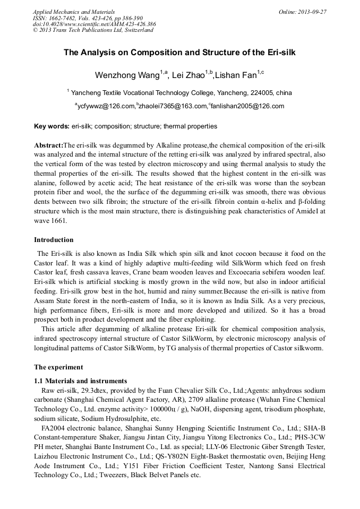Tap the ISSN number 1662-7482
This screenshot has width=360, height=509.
click(x=65, y=18)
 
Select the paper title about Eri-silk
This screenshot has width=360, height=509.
click(x=179, y=53)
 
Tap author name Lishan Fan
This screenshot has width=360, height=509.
click(x=236, y=75)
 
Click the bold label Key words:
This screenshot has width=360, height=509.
click(x=52, y=126)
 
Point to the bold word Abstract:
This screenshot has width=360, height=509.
click(x=48, y=145)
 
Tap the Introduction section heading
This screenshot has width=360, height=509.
click(x=54, y=240)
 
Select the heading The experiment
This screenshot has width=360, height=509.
click(x=58, y=367)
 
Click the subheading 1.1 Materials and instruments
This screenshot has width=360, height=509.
click(x=80, y=381)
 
